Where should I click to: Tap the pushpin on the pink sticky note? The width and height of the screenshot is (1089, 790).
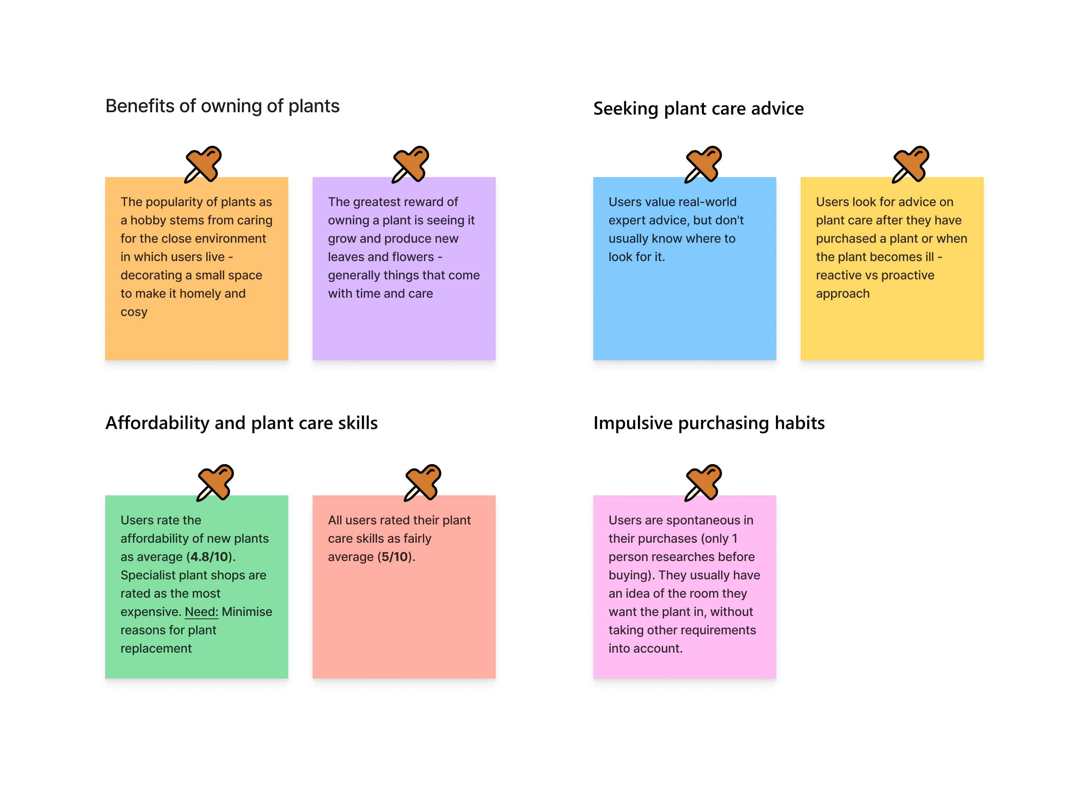(704, 482)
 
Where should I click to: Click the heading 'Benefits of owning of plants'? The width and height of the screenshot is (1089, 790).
(222, 106)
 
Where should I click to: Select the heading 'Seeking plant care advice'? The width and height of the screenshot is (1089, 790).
(698, 109)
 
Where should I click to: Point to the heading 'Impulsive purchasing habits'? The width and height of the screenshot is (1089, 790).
(709, 423)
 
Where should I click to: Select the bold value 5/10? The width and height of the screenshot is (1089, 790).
(395, 557)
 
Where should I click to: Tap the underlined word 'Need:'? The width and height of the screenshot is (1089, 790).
(201, 612)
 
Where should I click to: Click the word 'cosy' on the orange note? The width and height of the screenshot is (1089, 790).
(134, 312)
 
